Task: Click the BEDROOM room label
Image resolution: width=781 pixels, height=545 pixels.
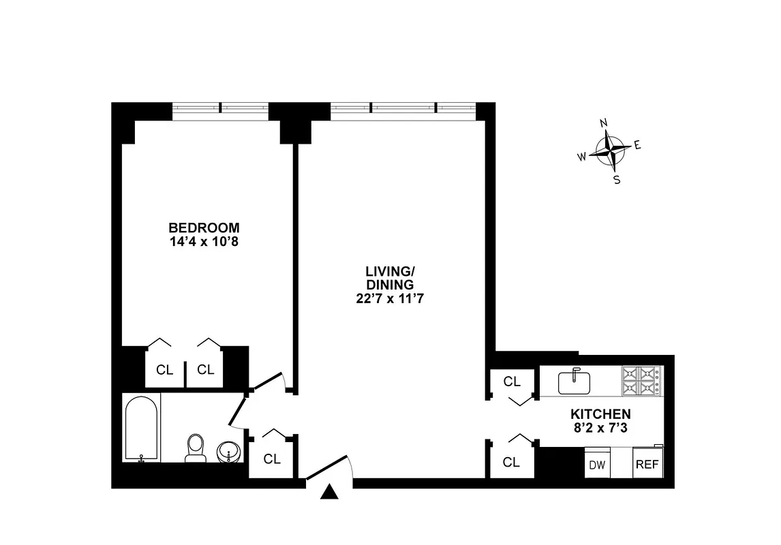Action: (204, 228)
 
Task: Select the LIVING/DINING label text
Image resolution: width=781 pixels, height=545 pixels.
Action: (389, 278)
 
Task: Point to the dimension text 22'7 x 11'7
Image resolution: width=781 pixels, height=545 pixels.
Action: (389, 298)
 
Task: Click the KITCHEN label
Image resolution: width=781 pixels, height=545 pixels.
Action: (600, 414)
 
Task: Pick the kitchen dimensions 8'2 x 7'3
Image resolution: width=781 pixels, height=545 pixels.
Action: (600, 427)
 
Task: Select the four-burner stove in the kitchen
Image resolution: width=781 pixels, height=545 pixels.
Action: (641, 381)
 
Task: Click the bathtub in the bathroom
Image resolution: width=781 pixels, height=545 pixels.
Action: (142, 429)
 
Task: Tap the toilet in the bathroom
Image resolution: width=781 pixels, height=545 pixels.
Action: (196, 448)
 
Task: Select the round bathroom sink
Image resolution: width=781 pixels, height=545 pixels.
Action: (228, 451)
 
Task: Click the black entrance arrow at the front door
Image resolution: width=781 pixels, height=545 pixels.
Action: (330, 492)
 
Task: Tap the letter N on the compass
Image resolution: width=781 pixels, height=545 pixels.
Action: (603, 123)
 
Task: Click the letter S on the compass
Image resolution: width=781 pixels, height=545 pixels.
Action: (616, 180)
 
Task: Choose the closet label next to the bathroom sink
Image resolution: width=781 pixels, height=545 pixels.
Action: (272, 459)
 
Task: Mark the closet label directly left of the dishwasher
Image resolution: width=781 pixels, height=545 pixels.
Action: (511, 463)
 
